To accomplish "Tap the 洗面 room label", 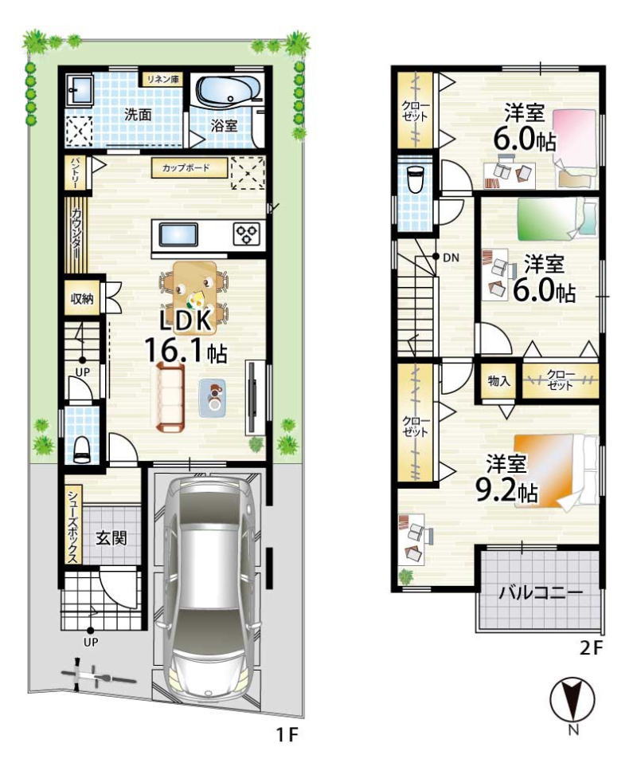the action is coord(138,115).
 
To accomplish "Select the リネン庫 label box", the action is coord(162,80).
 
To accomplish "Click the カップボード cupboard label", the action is coord(189,168).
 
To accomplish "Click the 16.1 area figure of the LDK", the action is coord(172,351).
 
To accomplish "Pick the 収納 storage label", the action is coord(82,299).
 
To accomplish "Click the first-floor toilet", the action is coord(82,449).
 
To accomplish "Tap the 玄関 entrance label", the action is coord(111,538).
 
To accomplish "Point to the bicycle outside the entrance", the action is coord(92,677).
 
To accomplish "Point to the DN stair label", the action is coord(451,258).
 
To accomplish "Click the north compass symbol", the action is coord(573,699).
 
